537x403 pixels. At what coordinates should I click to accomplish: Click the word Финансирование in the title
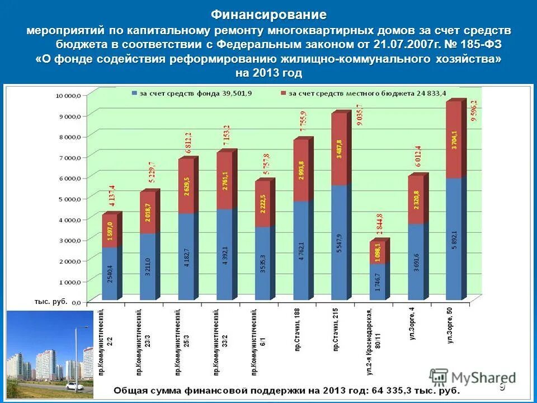268,14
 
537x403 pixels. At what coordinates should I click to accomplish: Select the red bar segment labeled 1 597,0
109,230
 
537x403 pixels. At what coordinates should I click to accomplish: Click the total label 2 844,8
380,226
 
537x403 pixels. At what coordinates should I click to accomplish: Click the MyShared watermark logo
473,377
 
